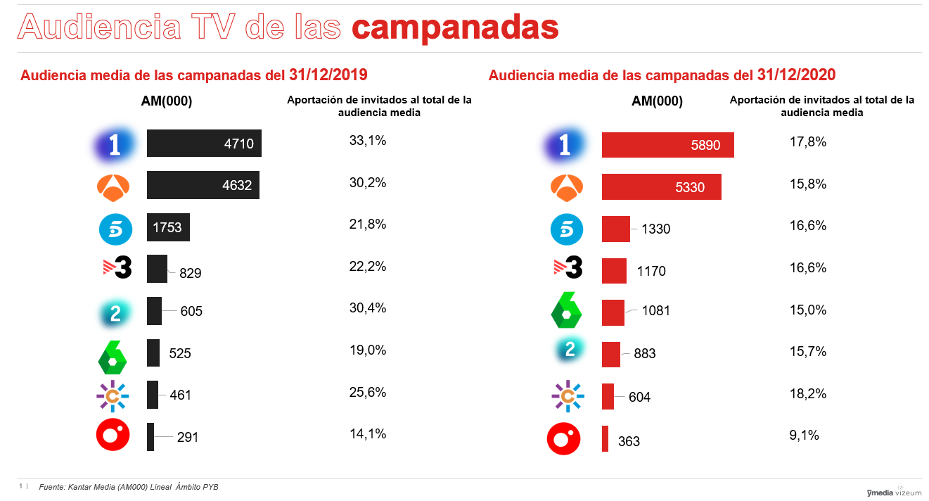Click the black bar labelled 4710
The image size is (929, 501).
point(204,144)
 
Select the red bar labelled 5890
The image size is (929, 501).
point(667,145)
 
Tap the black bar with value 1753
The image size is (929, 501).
point(168,227)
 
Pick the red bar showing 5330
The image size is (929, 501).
point(661,187)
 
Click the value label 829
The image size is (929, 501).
point(190,273)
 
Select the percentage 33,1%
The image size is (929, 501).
point(368,141)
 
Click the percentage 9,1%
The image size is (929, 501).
point(805,436)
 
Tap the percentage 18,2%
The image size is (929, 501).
point(808,393)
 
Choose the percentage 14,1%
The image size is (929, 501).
point(368,434)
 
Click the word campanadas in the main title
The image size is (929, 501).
point(455,27)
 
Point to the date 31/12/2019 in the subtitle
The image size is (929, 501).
point(328,75)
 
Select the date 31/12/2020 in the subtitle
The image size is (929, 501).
point(797,75)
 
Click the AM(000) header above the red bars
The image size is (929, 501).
point(657,101)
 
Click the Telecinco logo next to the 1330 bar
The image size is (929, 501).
point(566,229)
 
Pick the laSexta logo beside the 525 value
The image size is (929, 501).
point(112,356)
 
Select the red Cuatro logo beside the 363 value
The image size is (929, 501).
point(564,438)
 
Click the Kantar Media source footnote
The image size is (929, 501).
point(129,487)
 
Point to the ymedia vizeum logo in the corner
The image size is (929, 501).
point(894,492)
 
